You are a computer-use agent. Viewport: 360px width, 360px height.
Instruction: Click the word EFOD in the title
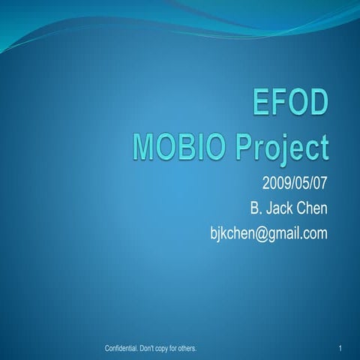click(289, 103)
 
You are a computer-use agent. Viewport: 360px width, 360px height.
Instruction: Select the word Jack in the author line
click(276, 208)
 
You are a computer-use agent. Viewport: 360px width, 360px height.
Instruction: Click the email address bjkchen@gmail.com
click(271, 234)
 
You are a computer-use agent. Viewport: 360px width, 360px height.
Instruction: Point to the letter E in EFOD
click(260, 103)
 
